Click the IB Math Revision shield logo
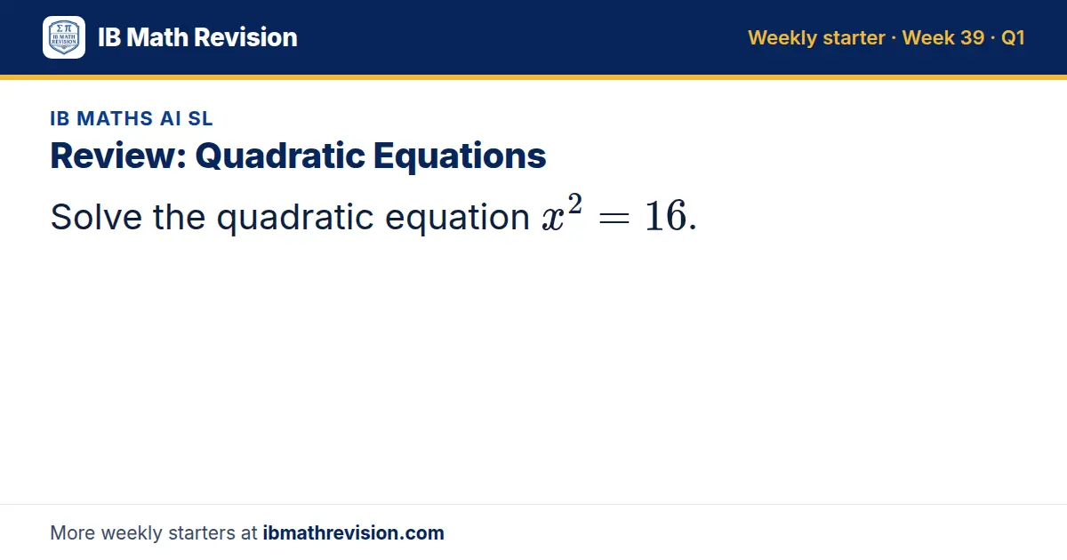64,37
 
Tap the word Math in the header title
157,37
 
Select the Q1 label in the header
1013,37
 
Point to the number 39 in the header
972,37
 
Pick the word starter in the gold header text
854,38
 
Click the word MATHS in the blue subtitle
115,118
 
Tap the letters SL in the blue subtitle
200,118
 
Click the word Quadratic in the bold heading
280,156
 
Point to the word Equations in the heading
460,156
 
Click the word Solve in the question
96,217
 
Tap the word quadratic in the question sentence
295,218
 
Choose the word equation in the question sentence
457,218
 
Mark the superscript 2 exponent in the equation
575,204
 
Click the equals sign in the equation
614,219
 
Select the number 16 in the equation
665,216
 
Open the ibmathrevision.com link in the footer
354,532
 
